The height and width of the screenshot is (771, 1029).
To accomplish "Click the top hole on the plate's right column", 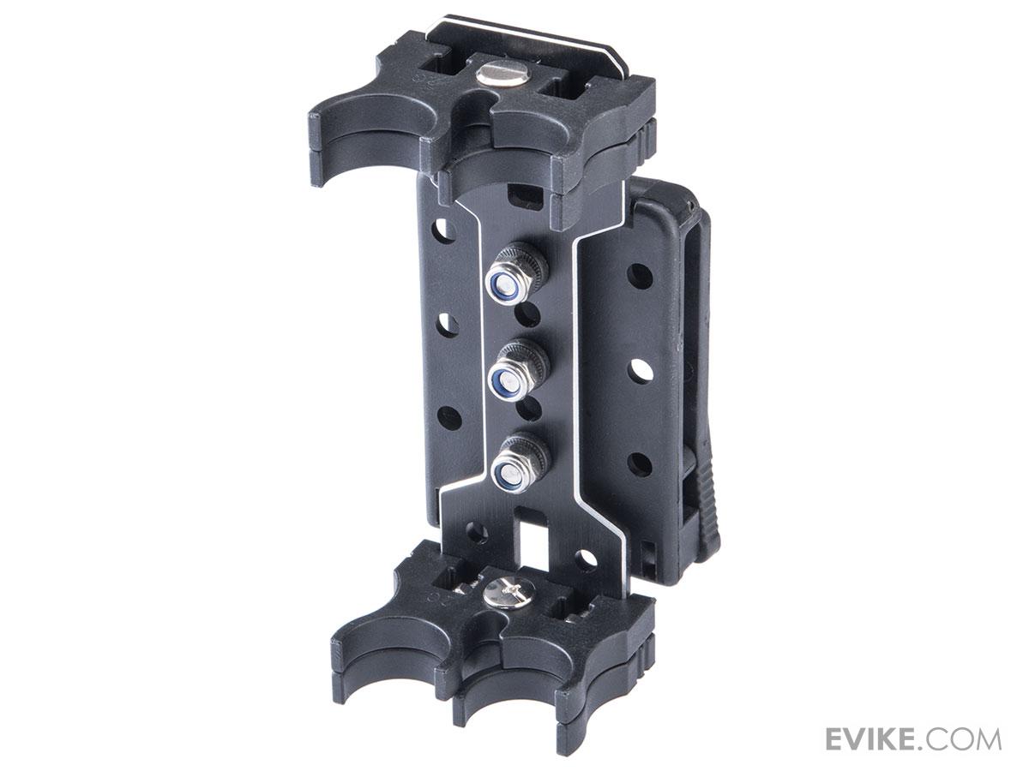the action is tap(640, 276).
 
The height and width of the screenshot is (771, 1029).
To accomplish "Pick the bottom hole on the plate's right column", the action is tap(640, 464).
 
